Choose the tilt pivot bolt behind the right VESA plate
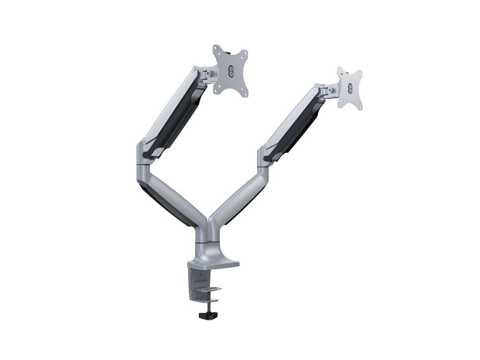tap(328, 90)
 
